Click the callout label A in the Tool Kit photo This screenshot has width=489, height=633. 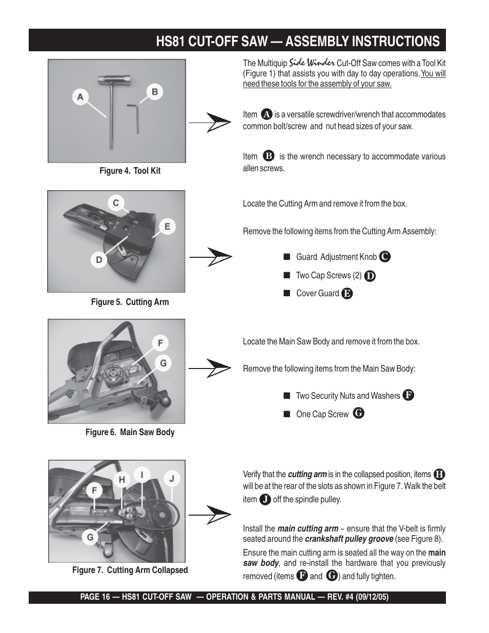coord(80,96)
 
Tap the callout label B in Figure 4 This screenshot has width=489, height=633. coord(154,92)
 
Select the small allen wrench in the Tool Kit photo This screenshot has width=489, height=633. coord(134,116)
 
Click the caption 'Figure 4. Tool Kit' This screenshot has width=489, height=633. coord(130,171)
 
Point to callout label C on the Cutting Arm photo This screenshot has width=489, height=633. coord(116,203)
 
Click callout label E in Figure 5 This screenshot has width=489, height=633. coord(167,226)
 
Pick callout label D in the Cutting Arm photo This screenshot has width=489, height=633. coord(99,260)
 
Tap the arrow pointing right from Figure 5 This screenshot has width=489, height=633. coord(211,256)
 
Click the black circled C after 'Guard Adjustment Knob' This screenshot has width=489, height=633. coord(385,257)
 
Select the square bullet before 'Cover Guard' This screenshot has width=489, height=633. coord(287,293)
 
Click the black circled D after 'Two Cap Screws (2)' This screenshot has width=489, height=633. coord(370,276)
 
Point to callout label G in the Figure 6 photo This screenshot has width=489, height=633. coord(163,363)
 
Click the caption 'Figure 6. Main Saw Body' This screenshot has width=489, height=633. coord(130,432)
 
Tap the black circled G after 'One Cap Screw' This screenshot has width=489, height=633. coord(359,413)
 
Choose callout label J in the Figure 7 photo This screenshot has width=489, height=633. coord(172,479)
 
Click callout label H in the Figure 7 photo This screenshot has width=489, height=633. coord(122,480)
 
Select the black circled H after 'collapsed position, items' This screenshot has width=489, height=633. coord(439,475)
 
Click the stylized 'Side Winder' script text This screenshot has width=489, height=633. coord(312,63)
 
